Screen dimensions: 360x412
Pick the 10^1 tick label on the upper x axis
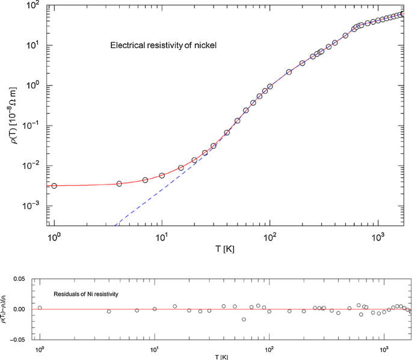coord(161,236)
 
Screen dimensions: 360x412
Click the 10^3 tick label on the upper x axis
coord(377,236)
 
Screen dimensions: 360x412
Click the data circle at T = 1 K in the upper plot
coord(54,186)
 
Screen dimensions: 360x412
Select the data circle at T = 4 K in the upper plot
coord(119,183)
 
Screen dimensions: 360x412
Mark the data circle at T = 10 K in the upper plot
coord(162,175)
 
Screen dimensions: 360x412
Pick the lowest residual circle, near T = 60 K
coord(244,319)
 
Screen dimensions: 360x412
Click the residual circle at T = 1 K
coord(40,308)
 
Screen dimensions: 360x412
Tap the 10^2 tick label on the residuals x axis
coord(269,350)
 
